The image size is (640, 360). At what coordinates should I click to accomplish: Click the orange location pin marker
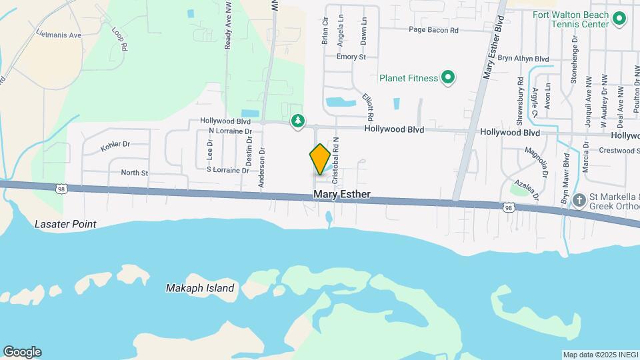coord(320,159)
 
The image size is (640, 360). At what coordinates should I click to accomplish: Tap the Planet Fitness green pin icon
coord(449,78)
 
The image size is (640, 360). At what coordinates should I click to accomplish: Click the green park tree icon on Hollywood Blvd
coord(298,121)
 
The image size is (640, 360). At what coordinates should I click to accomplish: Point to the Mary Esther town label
coord(342,195)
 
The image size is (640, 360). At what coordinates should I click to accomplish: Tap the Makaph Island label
coord(200,288)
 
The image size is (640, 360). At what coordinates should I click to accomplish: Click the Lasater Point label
coord(66,224)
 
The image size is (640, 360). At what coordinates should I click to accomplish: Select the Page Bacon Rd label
coord(433,30)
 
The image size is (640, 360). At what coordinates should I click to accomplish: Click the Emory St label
coord(351,57)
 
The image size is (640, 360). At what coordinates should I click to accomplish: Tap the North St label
coord(134,173)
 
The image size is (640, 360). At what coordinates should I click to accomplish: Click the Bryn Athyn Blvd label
coord(523,59)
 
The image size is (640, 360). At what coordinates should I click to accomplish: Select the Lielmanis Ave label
coord(59,35)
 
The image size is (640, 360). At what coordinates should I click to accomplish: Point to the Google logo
coord(22,352)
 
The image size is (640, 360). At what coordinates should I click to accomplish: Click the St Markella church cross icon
coord(579,199)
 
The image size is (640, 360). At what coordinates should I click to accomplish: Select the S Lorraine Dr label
coord(227,170)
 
